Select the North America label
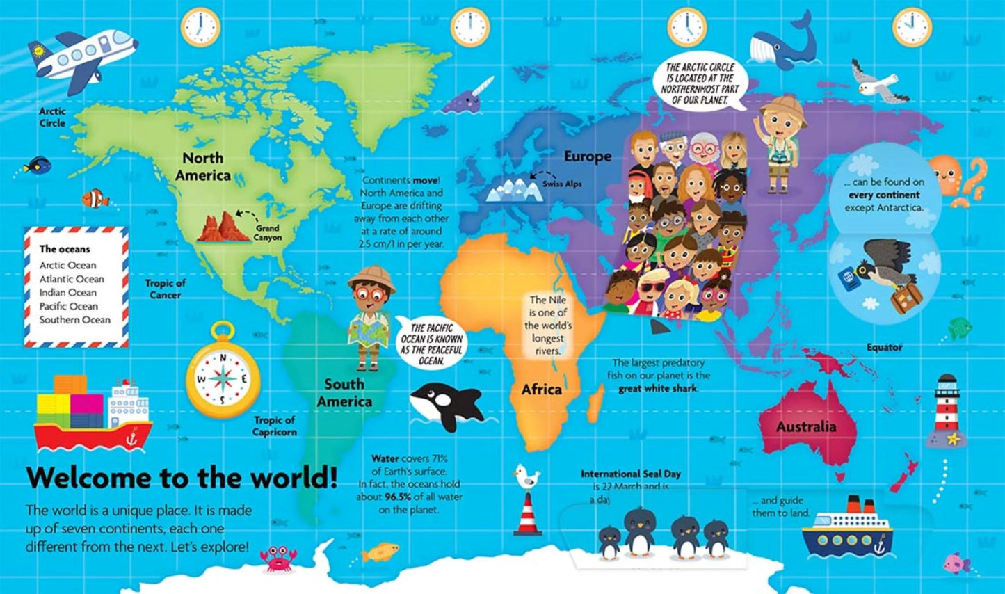tap(202, 167)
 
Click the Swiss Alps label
tap(562, 184)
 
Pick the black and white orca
tap(446, 406)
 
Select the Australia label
tap(806, 426)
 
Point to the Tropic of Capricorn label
tap(275, 426)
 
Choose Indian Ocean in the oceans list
tap(68, 293)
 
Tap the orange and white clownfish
tap(96, 199)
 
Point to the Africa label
tap(541, 390)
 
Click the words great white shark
tap(657, 389)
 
